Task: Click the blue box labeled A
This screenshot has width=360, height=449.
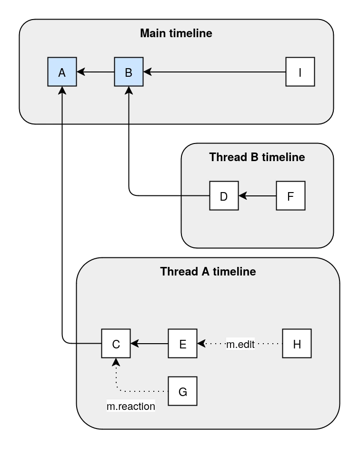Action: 62,72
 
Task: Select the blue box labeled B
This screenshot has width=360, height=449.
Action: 129,72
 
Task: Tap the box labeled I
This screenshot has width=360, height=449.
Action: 300,72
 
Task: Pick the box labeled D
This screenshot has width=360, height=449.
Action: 224,195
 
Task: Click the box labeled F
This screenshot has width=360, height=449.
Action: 290,195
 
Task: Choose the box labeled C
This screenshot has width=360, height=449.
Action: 116,343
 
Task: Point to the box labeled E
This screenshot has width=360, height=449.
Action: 182,343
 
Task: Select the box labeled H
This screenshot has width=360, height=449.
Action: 297,343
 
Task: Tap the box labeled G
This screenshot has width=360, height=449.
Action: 182,391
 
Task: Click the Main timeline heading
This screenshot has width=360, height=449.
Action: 176,33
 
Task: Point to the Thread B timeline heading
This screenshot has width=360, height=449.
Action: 257,157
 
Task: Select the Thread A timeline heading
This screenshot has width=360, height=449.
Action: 208,272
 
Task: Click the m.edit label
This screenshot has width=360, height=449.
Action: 240,344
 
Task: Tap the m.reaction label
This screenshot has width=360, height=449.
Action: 130,407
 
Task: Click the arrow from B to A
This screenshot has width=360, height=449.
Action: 95,72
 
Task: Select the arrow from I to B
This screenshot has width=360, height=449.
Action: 214,72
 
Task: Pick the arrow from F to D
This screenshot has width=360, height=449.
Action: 257,195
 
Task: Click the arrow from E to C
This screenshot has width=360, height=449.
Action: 149,343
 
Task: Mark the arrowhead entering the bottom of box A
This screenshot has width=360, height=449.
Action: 62,91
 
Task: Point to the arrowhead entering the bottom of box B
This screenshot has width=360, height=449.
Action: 129,91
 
